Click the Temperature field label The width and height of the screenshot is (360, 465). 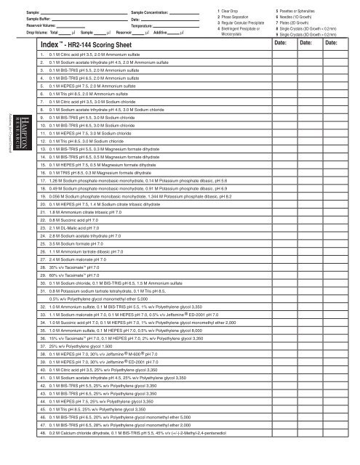tap(127, 25)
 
